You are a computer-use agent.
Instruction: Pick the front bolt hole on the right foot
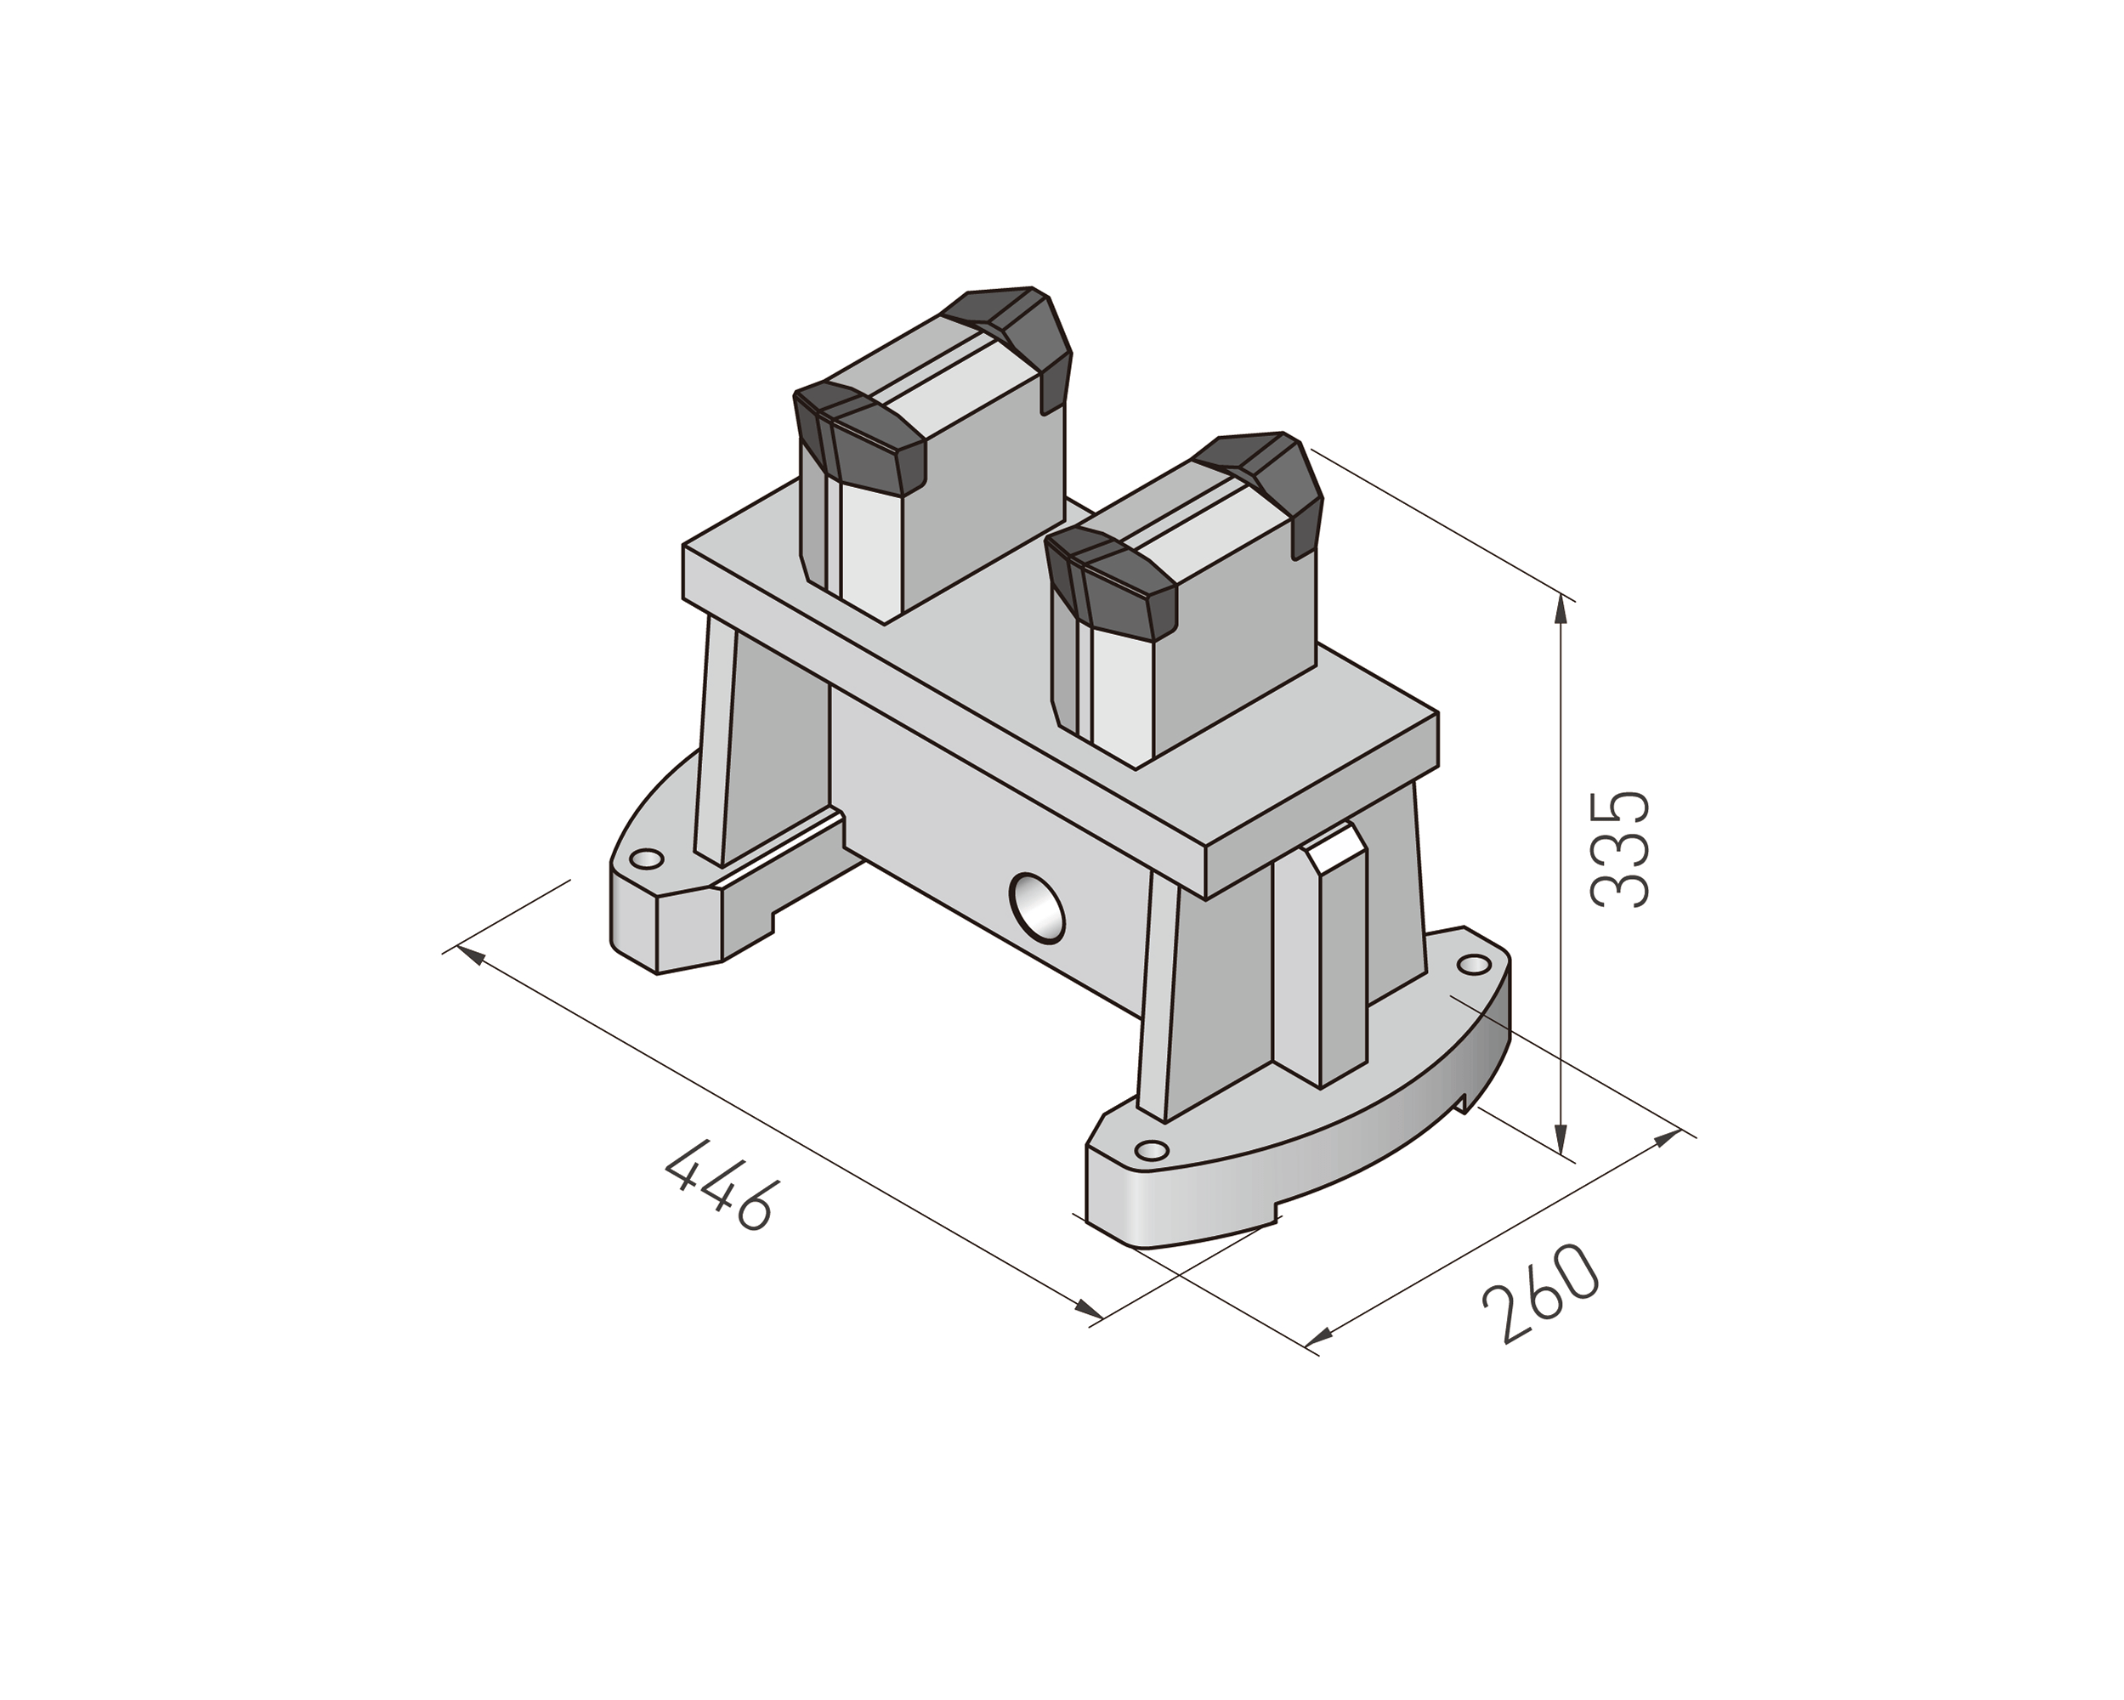1152,1150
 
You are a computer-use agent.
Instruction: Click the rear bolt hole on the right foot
1474,964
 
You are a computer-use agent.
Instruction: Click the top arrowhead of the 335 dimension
1560,610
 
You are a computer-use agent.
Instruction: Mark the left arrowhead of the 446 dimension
472,954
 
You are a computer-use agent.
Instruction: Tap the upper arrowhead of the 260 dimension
1667,1139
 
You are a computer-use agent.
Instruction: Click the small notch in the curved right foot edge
1466,1104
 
